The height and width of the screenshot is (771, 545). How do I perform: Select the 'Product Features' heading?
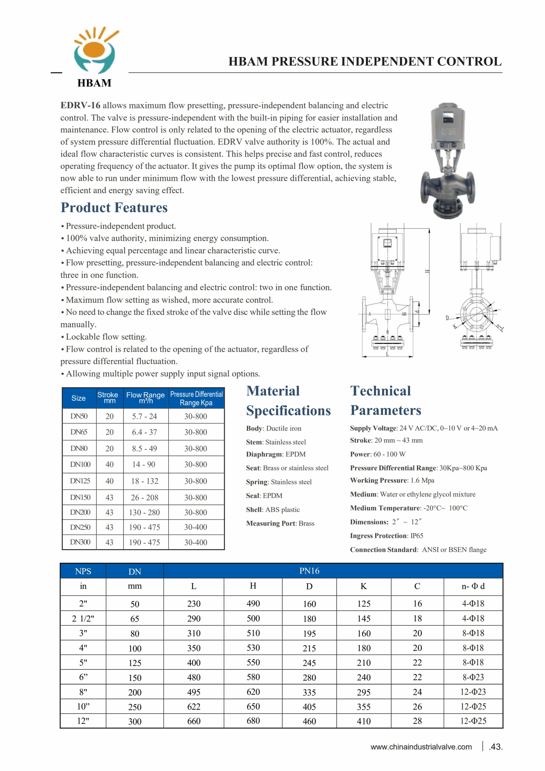pyautogui.click(x=114, y=208)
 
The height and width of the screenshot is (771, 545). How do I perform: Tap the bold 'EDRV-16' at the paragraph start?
pyautogui.click(x=80, y=105)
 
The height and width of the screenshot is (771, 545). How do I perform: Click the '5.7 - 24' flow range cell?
pyautogui.click(x=144, y=417)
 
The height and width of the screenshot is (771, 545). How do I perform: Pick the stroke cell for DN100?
pyautogui.click(x=110, y=464)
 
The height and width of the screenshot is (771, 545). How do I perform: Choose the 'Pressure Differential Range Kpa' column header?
pyautogui.click(x=196, y=398)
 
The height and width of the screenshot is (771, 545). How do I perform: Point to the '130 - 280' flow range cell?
pyautogui.click(x=144, y=512)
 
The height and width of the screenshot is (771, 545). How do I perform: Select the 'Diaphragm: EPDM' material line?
pyautogui.click(x=276, y=454)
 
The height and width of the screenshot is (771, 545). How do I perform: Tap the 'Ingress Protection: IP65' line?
pyautogui.click(x=386, y=535)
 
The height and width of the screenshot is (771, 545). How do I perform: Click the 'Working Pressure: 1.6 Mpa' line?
pyautogui.click(x=392, y=481)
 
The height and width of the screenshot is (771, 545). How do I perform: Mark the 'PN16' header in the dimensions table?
pyautogui.click(x=309, y=571)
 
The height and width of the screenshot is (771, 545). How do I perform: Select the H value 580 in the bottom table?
pyautogui.click(x=253, y=677)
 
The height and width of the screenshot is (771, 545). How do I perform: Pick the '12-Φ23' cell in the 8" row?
pyautogui.click(x=473, y=692)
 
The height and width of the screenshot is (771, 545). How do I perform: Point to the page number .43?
pyautogui.click(x=496, y=747)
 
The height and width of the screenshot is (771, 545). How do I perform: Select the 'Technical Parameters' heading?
pyautogui.click(x=385, y=400)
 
